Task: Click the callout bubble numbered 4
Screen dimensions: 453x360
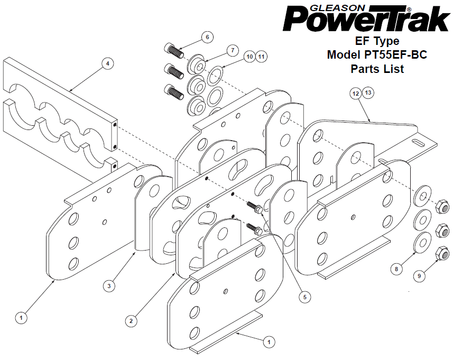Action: coord(108,63)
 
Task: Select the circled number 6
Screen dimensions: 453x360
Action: coord(207,38)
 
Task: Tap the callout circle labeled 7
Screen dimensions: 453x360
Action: coord(233,51)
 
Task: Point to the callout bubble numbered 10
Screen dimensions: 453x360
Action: coord(250,57)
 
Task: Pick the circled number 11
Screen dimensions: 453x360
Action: coord(261,57)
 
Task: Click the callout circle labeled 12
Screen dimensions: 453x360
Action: coord(356,94)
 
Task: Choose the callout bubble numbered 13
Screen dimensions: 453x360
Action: coord(368,93)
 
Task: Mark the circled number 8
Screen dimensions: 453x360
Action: coord(396,269)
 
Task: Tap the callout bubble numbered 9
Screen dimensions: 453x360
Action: coord(419,276)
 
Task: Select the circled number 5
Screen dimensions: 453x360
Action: coord(305,297)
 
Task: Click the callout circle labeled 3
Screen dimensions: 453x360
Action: coord(109,286)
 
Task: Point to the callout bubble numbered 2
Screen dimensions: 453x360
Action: coord(131,321)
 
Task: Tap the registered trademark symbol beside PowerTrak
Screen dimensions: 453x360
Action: coord(409,9)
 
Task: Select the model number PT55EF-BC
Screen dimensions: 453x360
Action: coord(395,54)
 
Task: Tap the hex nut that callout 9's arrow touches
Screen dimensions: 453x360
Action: coord(442,253)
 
